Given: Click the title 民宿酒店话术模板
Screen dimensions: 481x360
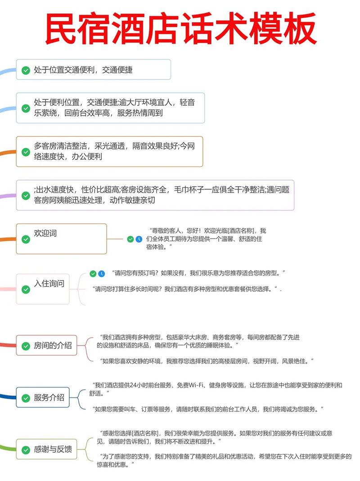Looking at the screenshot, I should [180, 28].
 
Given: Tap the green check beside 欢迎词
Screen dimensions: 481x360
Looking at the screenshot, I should [26, 239].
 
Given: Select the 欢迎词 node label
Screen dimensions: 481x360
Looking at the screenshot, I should [45, 234].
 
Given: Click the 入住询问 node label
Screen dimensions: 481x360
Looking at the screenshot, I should [49, 283].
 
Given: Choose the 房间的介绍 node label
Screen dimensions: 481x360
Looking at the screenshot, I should [53, 346].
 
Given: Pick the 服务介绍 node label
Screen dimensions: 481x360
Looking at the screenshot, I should [49, 397].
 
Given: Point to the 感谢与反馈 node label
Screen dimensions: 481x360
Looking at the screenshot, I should [53, 449].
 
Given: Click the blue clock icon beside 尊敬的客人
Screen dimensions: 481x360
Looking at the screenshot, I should [139, 239].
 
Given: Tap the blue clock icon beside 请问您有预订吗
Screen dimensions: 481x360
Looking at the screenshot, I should [102, 273].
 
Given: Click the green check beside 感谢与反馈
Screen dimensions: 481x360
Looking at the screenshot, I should [26, 449].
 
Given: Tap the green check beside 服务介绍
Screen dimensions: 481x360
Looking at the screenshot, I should [26, 398].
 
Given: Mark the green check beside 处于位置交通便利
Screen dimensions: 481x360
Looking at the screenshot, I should [26, 70].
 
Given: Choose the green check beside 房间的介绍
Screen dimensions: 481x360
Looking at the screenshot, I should [26, 346].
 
